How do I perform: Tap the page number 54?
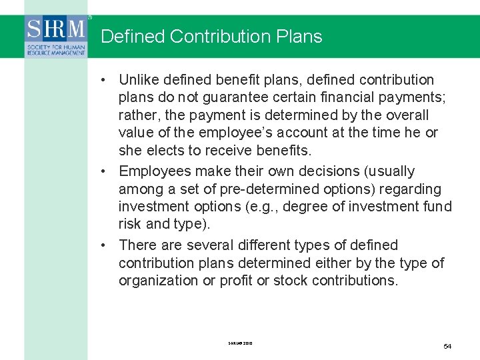[x=447, y=346]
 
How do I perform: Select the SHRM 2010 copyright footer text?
[x=241, y=343]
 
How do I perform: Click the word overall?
[x=406, y=115]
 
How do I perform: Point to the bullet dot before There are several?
[x=105, y=245]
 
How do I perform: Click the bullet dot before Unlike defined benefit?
[x=105, y=80]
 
